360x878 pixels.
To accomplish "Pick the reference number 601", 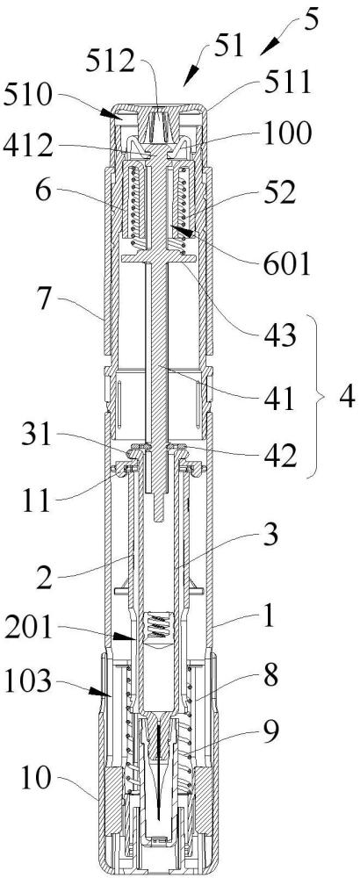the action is tap(290, 263).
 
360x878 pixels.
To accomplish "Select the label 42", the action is tap(282, 457).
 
